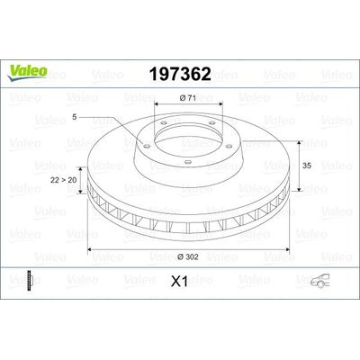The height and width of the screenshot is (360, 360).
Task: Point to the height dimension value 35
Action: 307,166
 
